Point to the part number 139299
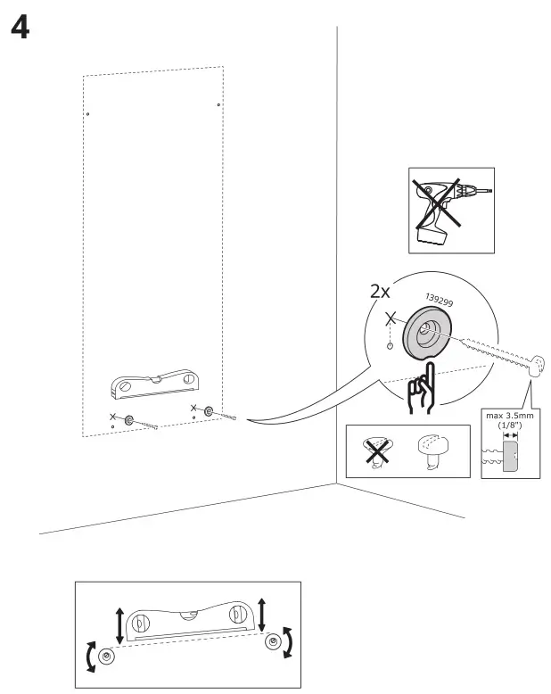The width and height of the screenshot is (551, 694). pyautogui.click(x=440, y=302)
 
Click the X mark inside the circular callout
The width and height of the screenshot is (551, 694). pyautogui.click(x=389, y=318)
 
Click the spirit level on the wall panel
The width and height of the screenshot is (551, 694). pyautogui.click(x=152, y=384)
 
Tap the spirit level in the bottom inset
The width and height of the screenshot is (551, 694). pyautogui.click(x=188, y=623)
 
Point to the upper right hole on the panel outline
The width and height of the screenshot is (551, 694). pyautogui.click(x=219, y=105)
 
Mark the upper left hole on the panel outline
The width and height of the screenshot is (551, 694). pyautogui.click(x=87, y=114)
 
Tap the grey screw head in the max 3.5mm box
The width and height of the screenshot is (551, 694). pyautogui.click(x=511, y=459)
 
